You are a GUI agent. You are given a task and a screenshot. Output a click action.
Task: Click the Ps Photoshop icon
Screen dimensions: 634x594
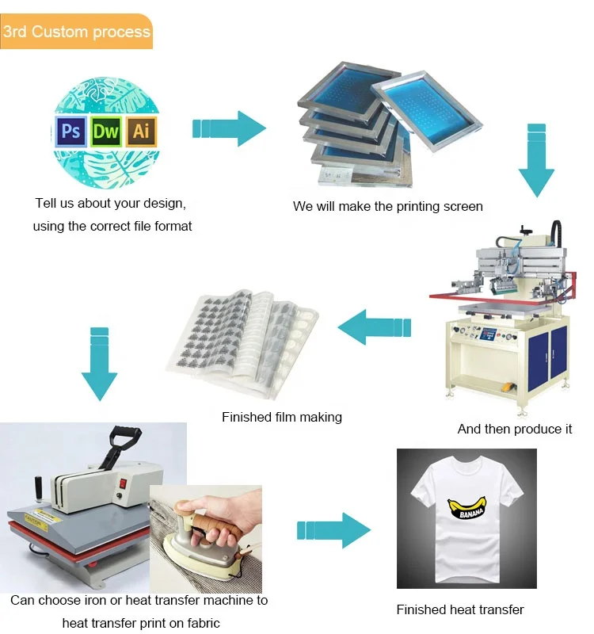(70, 132)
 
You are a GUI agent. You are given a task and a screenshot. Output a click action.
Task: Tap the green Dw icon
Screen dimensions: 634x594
(106, 132)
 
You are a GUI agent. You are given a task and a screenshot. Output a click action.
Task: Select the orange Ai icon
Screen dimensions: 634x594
(141, 132)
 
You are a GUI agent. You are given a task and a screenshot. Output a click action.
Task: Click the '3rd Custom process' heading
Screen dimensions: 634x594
(76, 32)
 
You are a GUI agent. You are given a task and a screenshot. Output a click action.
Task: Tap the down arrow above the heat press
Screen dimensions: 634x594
(99, 363)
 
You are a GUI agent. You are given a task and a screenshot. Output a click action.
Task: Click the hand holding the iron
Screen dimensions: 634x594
(206, 515)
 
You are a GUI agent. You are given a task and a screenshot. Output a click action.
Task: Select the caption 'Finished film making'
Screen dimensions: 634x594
(282, 417)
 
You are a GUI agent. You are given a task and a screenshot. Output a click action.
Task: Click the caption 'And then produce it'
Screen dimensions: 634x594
(514, 429)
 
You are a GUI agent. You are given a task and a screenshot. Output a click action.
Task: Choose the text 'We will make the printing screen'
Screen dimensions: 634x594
(387, 206)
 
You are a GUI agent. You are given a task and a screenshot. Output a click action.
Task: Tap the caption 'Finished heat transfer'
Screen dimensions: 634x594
(460, 609)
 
